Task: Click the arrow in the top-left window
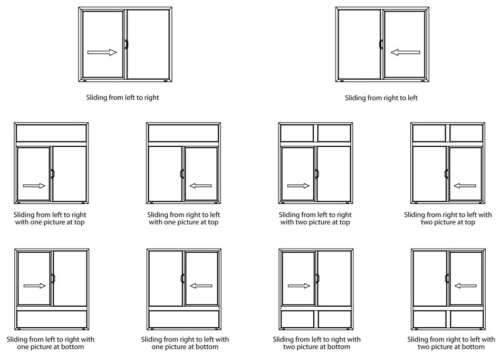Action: (x=102, y=52)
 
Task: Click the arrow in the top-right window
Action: (x=405, y=52)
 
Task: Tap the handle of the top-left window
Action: (x=126, y=45)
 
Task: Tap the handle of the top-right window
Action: (x=381, y=45)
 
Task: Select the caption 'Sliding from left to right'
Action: (x=122, y=98)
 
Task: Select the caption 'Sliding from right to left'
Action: (x=381, y=98)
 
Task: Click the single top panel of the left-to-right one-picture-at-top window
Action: (x=51, y=134)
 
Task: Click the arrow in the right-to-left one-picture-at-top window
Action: (x=200, y=185)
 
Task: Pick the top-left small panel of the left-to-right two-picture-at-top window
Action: (x=297, y=134)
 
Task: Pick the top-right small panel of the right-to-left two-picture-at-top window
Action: (x=466, y=134)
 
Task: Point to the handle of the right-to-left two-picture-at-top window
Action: (x=446, y=174)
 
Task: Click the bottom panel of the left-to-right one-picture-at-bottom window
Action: (x=51, y=319)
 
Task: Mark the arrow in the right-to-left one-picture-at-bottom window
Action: (x=200, y=286)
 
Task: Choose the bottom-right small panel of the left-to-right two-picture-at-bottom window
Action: (x=334, y=319)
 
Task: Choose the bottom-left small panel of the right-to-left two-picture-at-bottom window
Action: (x=429, y=319)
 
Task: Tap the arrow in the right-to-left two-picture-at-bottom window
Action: (x=465, y=286)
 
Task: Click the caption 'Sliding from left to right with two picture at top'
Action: (x=315, y=219)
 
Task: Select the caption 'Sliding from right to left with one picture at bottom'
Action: (x=185, y=343)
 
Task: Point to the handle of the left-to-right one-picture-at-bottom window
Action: (x=52, y=278)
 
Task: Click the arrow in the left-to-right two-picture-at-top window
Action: (x=298, y=185)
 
